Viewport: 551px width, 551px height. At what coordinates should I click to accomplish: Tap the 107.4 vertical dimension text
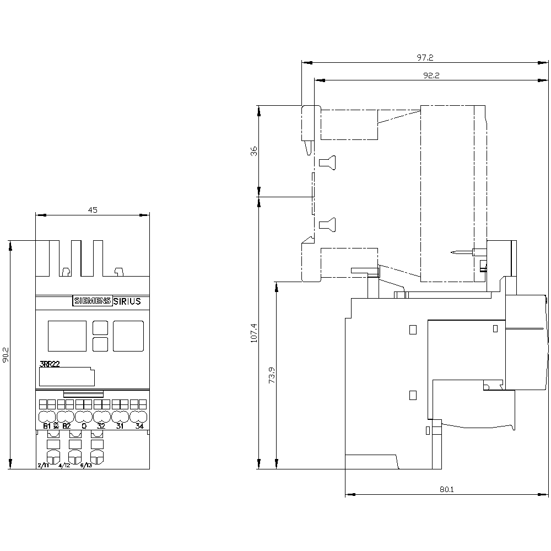point(254,333)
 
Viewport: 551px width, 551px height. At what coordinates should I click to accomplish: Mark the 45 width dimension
point(92,209)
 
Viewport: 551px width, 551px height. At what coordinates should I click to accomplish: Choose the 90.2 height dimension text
point(6,355)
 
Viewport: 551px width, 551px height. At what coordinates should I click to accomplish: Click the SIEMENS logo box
point(92,301)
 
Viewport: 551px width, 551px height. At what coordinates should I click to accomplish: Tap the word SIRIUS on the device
point(127,301)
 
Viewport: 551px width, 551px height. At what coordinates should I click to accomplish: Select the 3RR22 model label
point(50,364)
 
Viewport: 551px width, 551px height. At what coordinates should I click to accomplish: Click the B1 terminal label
point(47,426)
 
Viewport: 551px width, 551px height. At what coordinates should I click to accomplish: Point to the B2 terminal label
point(66,426)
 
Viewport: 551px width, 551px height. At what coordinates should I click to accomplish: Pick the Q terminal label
point(84,426)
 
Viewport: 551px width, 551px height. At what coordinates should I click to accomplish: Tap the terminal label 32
point(101,426)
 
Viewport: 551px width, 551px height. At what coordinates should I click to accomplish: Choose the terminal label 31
point(120,426)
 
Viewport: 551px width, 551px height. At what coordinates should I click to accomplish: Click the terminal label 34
point(139,426)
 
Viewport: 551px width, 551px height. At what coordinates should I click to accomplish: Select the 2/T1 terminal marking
point(43,466)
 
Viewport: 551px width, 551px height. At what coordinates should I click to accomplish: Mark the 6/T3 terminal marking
point(87,466)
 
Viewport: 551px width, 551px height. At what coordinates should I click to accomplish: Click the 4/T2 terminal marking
point(64,466)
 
